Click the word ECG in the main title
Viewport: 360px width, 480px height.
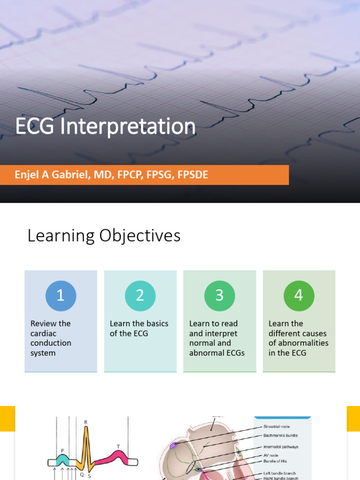[x=33, y=127]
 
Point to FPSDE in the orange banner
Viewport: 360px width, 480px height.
[x=191, y=175]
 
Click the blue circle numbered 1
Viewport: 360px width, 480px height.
[x=60, y=296]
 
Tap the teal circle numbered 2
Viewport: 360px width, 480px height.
[x=140, y=296]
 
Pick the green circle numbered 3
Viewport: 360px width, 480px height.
[x=219, y=296]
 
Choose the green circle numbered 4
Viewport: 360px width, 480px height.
[x=299, y=296]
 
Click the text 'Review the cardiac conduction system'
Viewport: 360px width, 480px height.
[x=51, y=338]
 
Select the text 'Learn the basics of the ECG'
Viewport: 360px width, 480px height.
[x=139, y=329]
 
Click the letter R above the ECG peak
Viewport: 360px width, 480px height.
[x=86, y=422]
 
